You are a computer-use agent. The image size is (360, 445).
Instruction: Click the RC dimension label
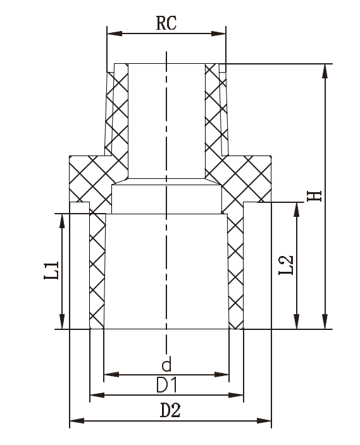[x=166, y=23]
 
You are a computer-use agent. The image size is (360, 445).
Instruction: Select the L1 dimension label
[x=54, y=271]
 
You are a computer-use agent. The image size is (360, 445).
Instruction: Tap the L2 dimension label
[x=286, y=265]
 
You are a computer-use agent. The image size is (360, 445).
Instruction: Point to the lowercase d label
[x=166, y=365]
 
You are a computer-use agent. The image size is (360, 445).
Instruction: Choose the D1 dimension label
[x=166, y=385]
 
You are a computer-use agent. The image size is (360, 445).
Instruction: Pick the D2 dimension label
[x=170, y=410]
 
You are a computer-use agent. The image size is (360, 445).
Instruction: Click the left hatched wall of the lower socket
[x=97, y=272]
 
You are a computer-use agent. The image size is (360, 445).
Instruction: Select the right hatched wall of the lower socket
[x=235, y=272]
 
